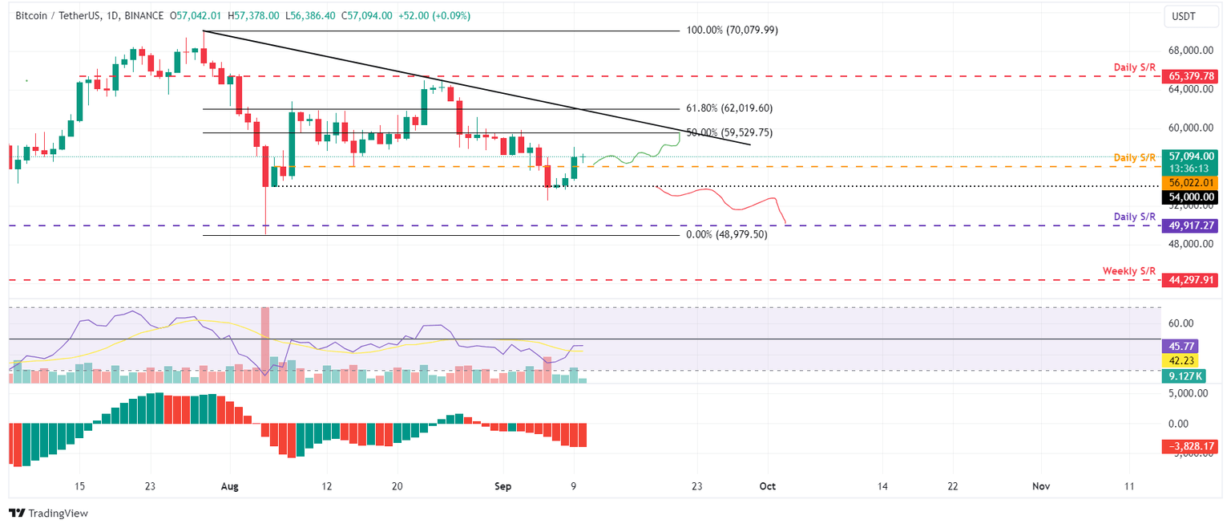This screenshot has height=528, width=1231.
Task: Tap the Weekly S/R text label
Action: (1128, 270)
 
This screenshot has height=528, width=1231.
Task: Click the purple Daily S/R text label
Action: (1135, 217)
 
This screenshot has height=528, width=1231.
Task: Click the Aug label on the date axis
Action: (229, 486)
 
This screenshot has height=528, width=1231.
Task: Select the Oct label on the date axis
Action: (767, 486)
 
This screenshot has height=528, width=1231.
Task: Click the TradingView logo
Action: (48, 513)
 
